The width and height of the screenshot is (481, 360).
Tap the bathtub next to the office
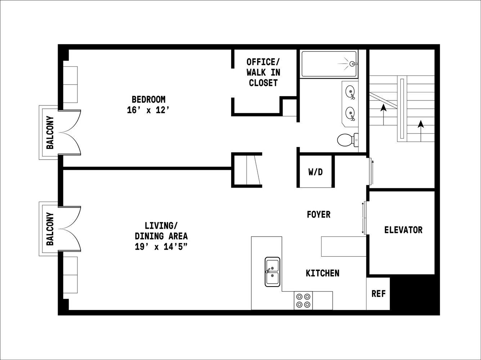click(x=329, y=64)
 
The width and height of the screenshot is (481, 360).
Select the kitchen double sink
click(x=273, y=272)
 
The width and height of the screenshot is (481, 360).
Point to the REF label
click(x=378, y=294)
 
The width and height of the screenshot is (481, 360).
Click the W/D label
click(x=315, y=172)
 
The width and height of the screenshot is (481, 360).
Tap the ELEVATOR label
click(x=403, y=230)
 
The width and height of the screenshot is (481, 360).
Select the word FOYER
click(x=319, y=215)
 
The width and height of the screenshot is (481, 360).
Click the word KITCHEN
click(x=323, y=273)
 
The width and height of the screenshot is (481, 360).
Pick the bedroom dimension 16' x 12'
click(x=148, y=111)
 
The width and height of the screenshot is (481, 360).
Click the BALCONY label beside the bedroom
click(x=50, y=132)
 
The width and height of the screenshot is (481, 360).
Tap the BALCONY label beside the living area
click(x=50, y=229)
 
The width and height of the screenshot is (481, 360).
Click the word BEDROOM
click(x=148, y=99)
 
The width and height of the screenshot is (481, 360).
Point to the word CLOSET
click(x=263, y=83)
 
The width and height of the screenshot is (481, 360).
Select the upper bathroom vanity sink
click(x=350, y=91)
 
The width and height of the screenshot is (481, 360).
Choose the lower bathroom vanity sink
click(x=350, y=113)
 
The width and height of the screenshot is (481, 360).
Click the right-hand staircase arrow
click(x=420, y=125)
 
